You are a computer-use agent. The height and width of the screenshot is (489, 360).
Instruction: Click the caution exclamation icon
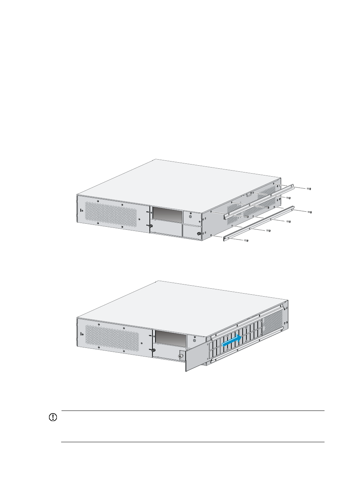point(53,417)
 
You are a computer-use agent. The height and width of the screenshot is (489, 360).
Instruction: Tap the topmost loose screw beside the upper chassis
point(309,189)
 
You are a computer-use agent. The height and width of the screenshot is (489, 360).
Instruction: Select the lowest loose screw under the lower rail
point(246,240)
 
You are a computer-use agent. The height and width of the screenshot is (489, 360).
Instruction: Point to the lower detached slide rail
point(259,223)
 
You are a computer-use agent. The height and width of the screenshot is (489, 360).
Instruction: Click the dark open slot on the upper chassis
point(167,214)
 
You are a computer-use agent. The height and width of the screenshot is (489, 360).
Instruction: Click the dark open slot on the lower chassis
point(171,338)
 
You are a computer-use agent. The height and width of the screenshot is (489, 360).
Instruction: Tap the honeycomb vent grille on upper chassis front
point(111,216)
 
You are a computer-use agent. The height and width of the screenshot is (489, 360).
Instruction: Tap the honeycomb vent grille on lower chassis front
point(112,338)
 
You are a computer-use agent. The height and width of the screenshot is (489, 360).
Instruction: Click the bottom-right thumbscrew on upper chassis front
point(198,234)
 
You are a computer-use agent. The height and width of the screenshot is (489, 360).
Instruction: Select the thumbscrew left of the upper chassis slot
point(151,226)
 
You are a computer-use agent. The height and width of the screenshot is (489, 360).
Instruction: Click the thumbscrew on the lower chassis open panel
point(181,356)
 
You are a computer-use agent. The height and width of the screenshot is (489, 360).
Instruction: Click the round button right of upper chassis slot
point(190,217)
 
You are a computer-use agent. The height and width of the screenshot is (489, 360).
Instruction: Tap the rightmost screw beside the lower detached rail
point(309,212)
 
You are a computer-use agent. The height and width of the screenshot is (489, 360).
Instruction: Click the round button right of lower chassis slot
point(194,340)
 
